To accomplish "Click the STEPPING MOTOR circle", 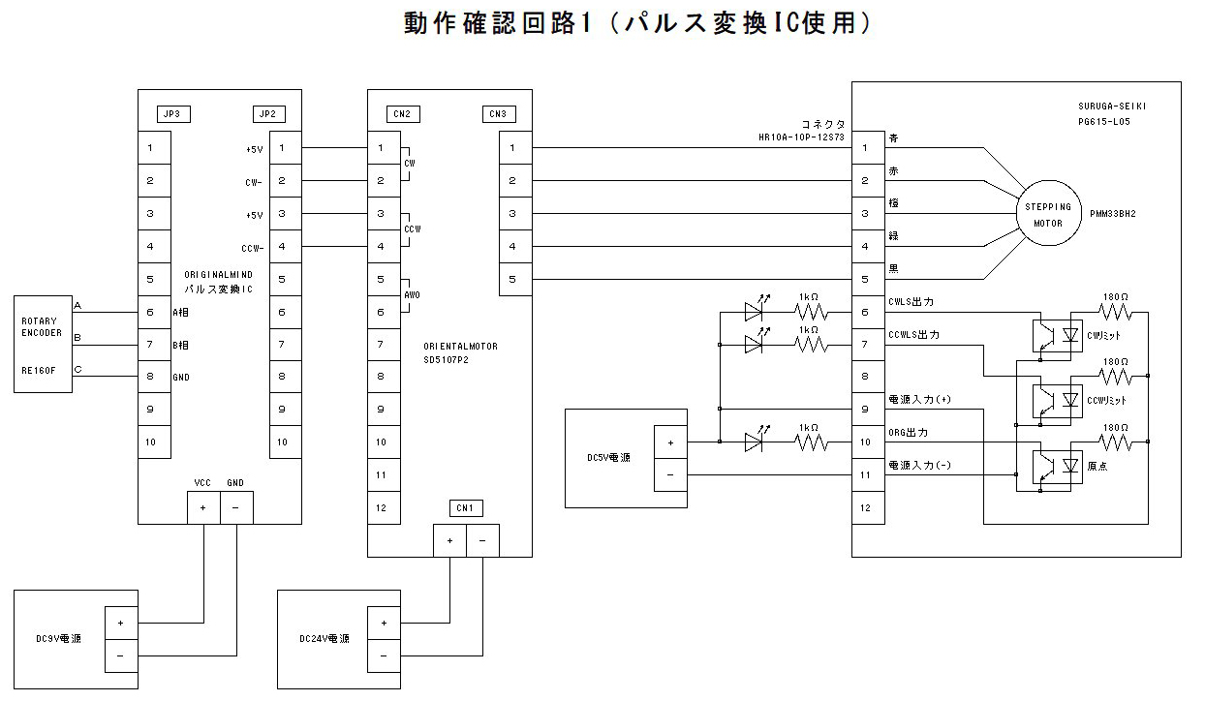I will click(1047, 214).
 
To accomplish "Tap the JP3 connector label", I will click(171, 114).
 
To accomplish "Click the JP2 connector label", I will click(267, 114).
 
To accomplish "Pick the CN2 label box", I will click(401, 114).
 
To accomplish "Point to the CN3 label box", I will click(498, 114).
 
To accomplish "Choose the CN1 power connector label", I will click(465, 508).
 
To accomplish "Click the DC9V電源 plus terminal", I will click(121, 623).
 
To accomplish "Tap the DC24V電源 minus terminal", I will click(385, 655).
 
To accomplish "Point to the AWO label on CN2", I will click(412, 294).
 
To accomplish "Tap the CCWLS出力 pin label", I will click(914, 335).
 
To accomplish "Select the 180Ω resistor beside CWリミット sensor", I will click(1115, 312).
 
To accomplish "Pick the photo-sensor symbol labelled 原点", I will click(1048, 466).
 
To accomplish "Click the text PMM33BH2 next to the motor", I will click(1112, 213).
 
